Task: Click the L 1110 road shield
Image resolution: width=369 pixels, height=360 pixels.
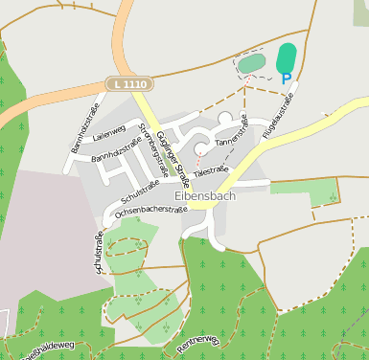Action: pyautogui.click(x=129, y=85)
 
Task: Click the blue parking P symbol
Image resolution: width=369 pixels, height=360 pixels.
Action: pyautogui.click(x=286, y=79)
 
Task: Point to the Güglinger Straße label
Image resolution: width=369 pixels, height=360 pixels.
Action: pyautogui.click(x=173, y=151)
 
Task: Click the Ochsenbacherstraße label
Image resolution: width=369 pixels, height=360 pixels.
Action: pyautogui.click(x=149, y=212)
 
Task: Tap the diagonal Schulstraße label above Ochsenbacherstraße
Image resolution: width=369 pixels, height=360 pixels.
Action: pyautogui.click(x=134, y=191)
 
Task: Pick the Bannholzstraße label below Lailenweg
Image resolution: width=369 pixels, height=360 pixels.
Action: pyautogui.click(x=117, y=152)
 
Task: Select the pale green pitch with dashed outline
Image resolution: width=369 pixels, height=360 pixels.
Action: pyautogui.click(x=251, y=64)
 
